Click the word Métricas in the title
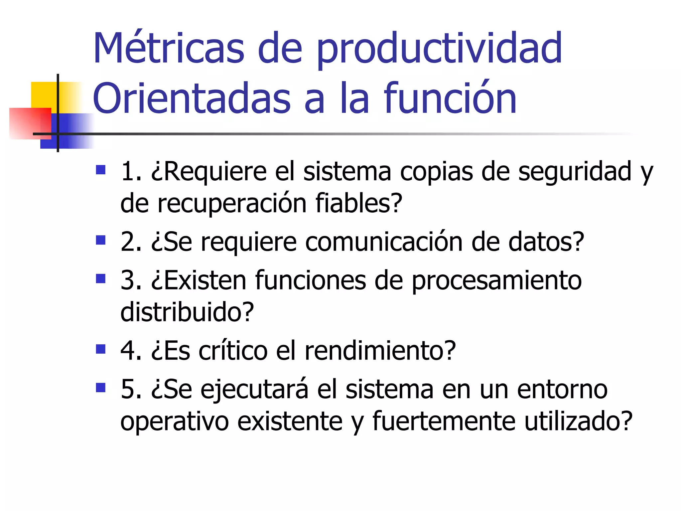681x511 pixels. pos(169,48)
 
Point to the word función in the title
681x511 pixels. pos(450,98)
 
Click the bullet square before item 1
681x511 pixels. pos(100,170)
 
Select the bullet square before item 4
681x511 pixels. pos(100,349)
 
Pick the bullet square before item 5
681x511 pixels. pos(100,388)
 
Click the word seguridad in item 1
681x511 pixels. pos(574,172)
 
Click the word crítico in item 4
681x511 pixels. pos(233,351)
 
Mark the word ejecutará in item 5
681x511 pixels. pos(254,390)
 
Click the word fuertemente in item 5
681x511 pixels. pos(444,421)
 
